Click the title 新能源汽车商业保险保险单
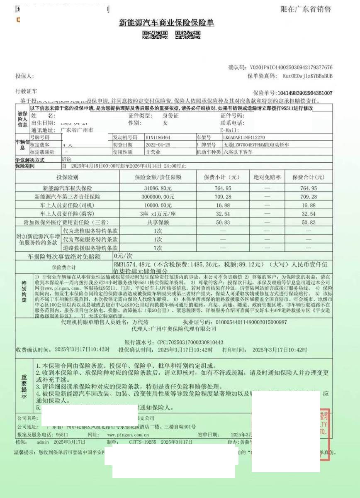[x=166, y=23]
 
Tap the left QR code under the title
[x=155, y=35]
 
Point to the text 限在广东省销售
[x=306, y=9]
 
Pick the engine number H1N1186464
[x=158, y=137]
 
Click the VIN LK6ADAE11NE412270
[x=244, y=137]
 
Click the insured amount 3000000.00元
[x=158, y=197]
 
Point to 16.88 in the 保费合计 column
[x=309, y=205]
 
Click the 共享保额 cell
[x=158, y=222]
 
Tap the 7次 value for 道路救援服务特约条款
[x=158, y=248]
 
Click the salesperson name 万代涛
[x=141, y=322]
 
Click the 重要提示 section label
[x=24, y=387]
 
